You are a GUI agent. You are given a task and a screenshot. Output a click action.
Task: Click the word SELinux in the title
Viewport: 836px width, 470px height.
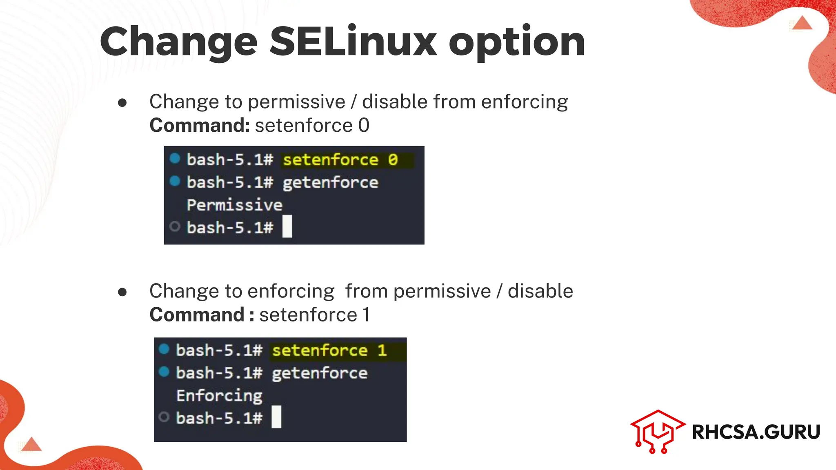[x=353, y=41]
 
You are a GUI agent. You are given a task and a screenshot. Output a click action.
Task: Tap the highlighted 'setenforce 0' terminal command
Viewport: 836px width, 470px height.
[x=340, y=160]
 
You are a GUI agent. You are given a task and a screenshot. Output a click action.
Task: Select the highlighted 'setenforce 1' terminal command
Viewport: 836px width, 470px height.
[x=329, y=350]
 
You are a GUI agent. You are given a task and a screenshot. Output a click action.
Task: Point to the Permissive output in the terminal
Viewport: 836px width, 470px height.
[x=234, y=205]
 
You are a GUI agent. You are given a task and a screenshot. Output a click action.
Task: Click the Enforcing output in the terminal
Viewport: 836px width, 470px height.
[x=219, y=396]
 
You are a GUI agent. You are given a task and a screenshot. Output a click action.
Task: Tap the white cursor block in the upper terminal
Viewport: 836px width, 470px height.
[x=287, y=226]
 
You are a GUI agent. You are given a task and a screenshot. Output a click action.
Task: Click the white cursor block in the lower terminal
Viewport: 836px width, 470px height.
[x=276, y=417]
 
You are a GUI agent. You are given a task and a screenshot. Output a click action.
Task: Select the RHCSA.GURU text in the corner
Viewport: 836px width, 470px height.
[x=756, y=432]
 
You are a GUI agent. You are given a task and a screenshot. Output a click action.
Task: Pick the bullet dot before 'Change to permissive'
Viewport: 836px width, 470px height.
[x=122, y=102]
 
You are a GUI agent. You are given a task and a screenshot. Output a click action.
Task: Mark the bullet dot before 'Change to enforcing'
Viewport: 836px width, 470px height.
[x=122, y=292]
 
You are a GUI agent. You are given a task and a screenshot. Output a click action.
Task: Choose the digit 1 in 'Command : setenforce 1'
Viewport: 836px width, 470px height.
[x=366, y=315]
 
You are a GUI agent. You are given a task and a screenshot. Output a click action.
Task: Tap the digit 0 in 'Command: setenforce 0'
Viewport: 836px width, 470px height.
[x=364, y=125]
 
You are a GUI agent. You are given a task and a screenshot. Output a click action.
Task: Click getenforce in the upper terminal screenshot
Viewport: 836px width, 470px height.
[x=331, y=182]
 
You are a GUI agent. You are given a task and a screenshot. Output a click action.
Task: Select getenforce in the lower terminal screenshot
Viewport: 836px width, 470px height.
[x=320, y=373]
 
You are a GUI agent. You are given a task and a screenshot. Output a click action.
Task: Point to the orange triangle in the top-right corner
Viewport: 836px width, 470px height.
[x=802, y=23]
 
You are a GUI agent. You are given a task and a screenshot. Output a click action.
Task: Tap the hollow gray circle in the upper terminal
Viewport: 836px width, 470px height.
[x=175, y=226]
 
